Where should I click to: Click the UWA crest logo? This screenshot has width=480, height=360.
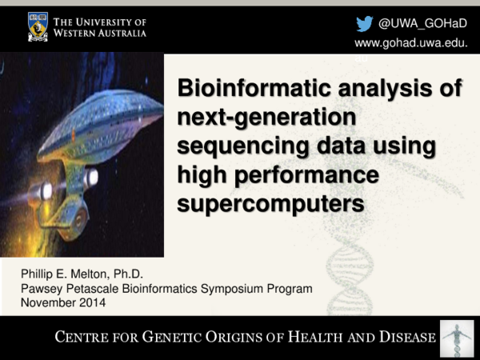point(38,26)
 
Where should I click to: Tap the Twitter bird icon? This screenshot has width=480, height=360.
point(364,23)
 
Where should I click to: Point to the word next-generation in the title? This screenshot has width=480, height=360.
point(265,119)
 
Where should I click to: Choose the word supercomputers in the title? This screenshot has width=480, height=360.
point(270,204)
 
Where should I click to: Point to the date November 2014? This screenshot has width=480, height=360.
point(62,302)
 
